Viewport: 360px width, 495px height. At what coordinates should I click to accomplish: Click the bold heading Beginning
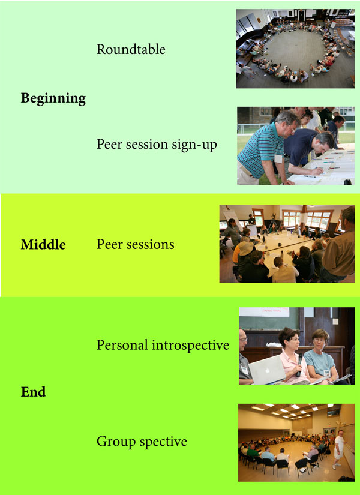53,98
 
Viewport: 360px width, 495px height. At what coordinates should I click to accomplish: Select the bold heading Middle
43,245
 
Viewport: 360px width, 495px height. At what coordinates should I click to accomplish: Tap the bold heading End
33,392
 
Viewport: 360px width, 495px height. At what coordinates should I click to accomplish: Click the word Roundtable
131,49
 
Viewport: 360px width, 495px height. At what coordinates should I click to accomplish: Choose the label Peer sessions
135,245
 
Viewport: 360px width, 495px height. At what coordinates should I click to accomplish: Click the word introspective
190,345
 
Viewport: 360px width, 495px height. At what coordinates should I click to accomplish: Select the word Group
116,442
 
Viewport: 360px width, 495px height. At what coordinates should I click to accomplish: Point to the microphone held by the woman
299,365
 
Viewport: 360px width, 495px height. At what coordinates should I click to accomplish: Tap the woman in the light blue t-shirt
322,355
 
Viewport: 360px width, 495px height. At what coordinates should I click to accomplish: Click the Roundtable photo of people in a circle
295,49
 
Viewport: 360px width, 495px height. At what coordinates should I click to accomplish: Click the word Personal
122,345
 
